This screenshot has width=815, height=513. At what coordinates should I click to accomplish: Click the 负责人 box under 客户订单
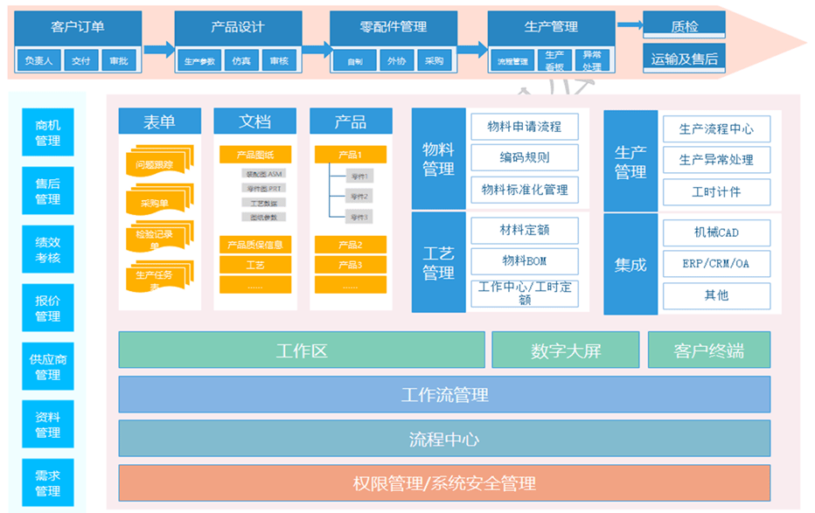point(39,60)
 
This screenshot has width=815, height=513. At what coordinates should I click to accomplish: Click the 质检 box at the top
point(684,25)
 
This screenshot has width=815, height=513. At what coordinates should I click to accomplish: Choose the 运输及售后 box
point(684,59)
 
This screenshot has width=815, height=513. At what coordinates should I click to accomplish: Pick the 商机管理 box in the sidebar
point(48,133)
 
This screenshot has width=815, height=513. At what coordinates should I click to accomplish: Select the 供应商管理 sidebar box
point(48,366)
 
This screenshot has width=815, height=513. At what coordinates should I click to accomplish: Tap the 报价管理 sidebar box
point(48,308)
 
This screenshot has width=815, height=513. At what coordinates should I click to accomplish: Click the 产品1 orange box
point(350,155)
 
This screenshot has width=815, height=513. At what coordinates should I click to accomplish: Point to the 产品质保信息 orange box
point(254,245)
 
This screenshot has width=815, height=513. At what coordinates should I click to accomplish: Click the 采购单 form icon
point(159,202)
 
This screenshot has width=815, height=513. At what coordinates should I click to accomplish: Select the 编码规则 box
point(525,157)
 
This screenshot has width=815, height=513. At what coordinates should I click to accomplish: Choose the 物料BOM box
point(525,260)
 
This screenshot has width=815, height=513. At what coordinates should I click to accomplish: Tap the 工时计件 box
point(716,192)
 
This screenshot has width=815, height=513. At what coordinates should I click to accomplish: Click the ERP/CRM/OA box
point(716,263)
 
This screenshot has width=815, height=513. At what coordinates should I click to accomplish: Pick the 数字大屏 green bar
point(566,350)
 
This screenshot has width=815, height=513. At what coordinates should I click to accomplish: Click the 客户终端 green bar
point(709,350)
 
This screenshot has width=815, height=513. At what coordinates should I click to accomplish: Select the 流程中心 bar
point(444,439)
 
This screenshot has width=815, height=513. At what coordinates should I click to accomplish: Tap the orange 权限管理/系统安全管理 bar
point(444,482)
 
